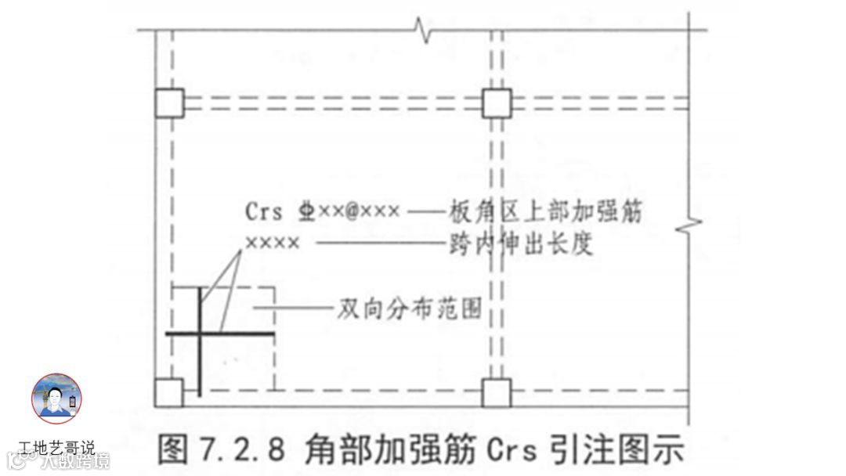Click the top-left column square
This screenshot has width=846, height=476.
pyautogui.click(x=169, y=103)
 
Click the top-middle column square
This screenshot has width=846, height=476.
pyautogui.click(x=496, y=103)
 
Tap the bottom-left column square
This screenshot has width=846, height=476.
pyautogui.click(x=168, y=392)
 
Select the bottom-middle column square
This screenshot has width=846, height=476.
pyautogui.click(x=496, y=392)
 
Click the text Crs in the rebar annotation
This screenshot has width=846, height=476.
pyautogui.click(x=262, y=211)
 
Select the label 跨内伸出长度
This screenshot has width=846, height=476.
pyautogui.click(x=521, y=244)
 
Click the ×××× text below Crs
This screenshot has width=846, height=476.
pyautogui.click(x=272, y=243)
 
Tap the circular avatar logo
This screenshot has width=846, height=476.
pyautogui.click(x=56, y=398)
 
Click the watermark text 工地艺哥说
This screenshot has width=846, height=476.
pyautogui.click(x=56, y=449)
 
